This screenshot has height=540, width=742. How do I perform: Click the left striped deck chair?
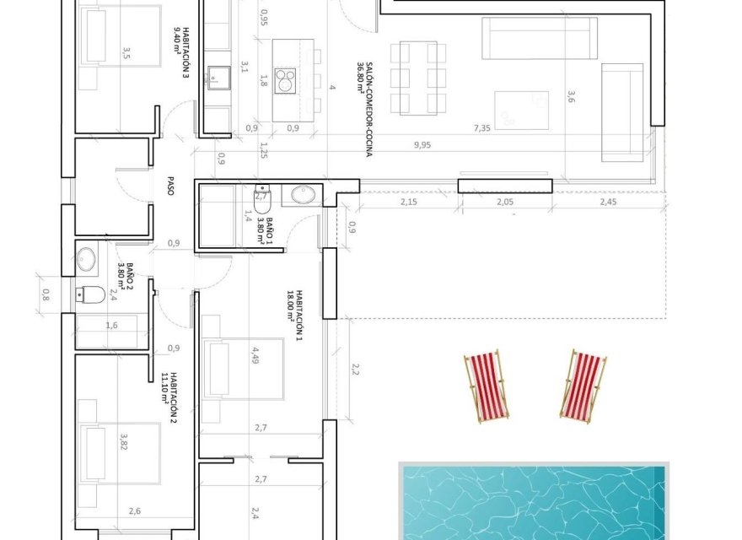(x=486, y=386)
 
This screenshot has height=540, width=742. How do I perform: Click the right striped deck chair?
(x=583, y=385)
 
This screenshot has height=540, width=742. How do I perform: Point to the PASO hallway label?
(x=170, y=186)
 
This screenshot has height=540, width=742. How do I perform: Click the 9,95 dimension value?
(x=422, y=144)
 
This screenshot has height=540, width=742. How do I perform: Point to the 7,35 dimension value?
(x=481, y=127)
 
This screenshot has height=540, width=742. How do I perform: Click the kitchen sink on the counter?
(x=221, y=79)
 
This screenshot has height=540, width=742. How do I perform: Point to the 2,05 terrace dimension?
(x=506, y=202)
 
